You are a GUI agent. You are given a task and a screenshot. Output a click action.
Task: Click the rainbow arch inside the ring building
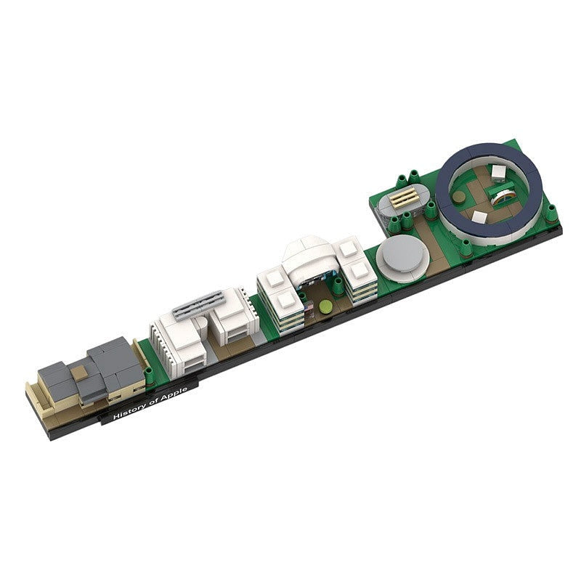(503, 196)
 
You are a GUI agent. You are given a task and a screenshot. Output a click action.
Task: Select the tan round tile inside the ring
(459, 196)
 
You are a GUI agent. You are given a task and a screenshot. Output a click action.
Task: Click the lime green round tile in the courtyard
(325, 306)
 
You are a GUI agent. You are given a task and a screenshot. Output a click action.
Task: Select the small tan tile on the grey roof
(78, 373)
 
